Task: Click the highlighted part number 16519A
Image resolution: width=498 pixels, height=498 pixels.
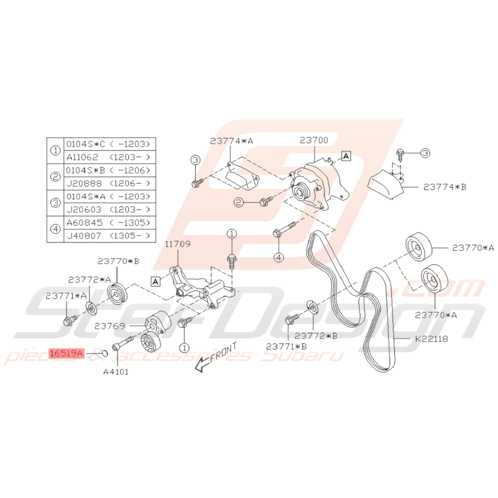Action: [66, 353]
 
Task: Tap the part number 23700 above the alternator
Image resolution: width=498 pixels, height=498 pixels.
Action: [314, 140]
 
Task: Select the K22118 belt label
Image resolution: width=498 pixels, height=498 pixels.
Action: [431, 339]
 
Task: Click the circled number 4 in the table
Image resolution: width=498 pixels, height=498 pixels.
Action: [56, 229]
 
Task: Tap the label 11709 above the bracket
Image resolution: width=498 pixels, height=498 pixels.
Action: [178, 244]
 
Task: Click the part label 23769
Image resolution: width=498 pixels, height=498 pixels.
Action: [110, 326]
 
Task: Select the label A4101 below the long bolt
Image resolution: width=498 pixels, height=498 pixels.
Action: [116, 372]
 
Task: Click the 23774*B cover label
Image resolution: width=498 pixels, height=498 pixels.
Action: [445, 187]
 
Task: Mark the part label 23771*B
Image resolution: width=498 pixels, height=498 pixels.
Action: [287, 346]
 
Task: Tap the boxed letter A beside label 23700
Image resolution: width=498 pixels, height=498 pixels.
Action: [346, 156]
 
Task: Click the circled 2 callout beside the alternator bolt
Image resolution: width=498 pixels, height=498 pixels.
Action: [239, 202]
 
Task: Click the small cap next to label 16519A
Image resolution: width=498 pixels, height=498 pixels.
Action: [105, 353]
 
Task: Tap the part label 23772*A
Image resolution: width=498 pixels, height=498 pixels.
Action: [89, 279]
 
